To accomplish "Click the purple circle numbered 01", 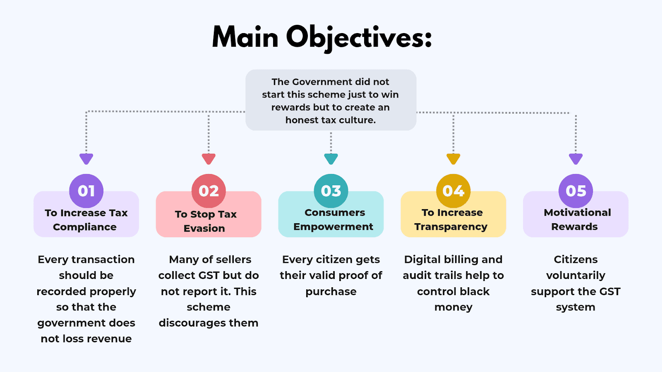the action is (86, 191).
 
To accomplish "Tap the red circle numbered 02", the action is (209, 191).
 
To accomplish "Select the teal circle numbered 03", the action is (331, 191).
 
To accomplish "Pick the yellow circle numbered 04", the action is (453, 191).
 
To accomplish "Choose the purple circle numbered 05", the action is (576, 191).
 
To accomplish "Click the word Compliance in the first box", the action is (85, 227).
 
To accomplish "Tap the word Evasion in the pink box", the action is (204, 229).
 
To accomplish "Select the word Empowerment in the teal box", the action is (333, 227).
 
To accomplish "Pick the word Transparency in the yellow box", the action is (451, 227).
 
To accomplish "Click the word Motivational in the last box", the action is (577, 212).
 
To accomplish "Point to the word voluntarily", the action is (576, 276).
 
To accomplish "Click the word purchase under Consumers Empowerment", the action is (331, 292).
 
